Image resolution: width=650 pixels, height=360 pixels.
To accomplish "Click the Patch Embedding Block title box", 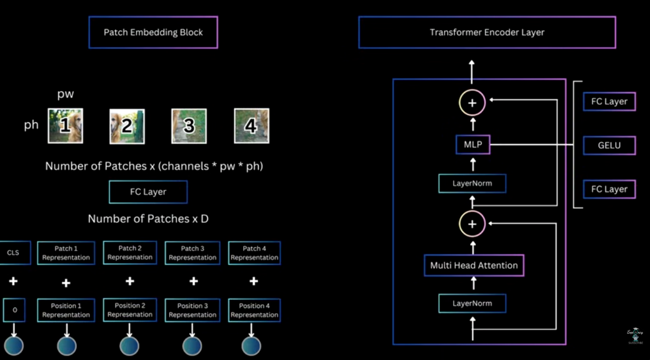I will pyautogui.click(x=153, y=32).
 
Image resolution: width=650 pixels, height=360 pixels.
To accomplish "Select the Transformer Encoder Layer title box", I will pyautogui.click(x=487, y=32).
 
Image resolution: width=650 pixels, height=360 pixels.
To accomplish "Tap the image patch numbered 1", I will pyautogui.click(x=65, y=126).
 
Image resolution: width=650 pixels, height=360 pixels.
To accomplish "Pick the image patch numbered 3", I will pyautogui.click(x=189, y=126).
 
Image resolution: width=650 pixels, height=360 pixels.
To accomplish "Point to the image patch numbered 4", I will pyautogui.click(x=251, y=126).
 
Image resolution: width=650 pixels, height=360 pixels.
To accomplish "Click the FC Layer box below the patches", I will pyautogui.click(x=148, y=192).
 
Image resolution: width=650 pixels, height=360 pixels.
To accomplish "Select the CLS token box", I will pyautogui.click(x=13, y=253).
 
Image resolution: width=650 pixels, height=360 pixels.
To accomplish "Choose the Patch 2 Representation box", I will pyautogui.click(x=130, y=253).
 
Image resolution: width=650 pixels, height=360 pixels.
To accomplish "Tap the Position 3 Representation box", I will pyautogui.click(x=192, y=310).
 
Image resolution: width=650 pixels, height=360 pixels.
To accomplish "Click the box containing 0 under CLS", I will pyautogui.click(x=14, y=310).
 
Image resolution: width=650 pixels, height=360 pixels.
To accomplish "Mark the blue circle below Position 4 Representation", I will pyautogui.click(x=251, y=346).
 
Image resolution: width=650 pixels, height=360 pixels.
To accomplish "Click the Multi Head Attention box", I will pyautogui.click(x=473, y=265).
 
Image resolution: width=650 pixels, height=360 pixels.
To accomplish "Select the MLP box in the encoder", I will pyautogui.click(x=472, y=144).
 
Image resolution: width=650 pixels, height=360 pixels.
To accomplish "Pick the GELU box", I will pyautogui.click(x=609, y=145).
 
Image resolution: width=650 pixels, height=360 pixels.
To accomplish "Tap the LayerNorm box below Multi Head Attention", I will pyautogui.click(x=472, y=303).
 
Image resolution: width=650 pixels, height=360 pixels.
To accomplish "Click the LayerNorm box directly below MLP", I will pyautogui.click(x=472, y=183).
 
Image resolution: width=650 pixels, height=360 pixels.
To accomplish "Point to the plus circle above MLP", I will pyautogui.click(x=472, y=103).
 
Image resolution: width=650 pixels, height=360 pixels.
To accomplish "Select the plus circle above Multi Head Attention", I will pyautogui.click(x=472, y=224).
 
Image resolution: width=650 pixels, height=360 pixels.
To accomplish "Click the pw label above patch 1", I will pyautogui.click(x=65, y=95).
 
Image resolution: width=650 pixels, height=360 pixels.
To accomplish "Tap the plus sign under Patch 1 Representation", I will pyautogui.click(x=66, y=283).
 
